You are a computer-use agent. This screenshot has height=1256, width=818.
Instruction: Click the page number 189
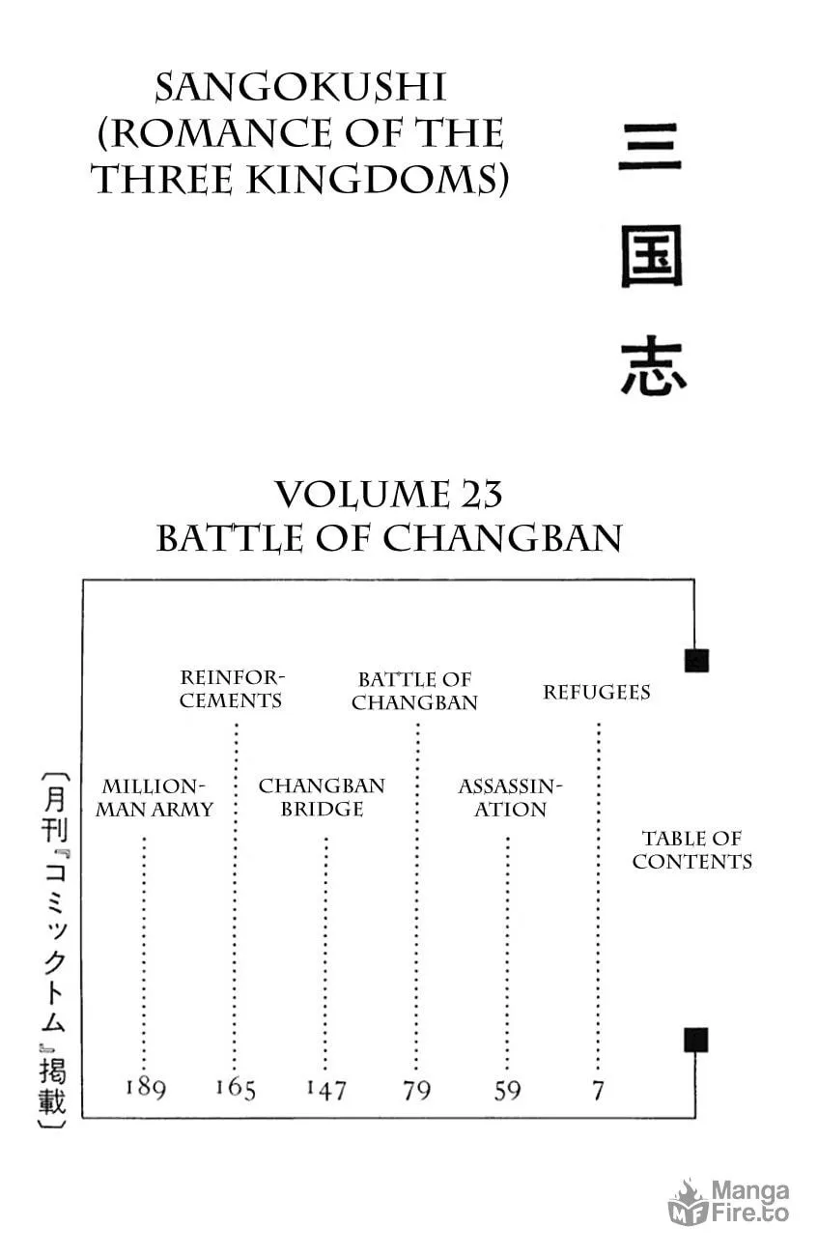(146, 1088)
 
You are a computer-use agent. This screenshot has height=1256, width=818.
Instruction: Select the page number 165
(236, 1088)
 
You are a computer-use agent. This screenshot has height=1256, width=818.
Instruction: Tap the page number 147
(326, 1089)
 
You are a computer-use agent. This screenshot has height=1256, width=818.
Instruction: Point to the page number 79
(416, 1090)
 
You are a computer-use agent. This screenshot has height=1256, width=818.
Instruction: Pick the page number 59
(507, 1090)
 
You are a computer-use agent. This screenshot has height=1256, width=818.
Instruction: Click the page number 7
(599, 1091)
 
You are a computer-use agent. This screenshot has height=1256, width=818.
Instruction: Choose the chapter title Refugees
(597, 692)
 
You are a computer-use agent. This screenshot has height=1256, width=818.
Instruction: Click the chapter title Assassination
(510, 797)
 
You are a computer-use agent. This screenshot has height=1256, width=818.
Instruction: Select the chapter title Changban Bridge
(322, 797)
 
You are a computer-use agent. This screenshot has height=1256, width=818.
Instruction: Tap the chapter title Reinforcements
(232, 689)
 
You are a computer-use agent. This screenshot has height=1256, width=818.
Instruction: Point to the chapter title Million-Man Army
(155, 797)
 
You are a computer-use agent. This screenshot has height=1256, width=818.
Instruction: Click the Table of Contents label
(692, 849)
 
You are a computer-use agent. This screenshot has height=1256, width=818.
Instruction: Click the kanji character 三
(650, 147)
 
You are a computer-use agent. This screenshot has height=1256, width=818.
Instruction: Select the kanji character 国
(652, 257)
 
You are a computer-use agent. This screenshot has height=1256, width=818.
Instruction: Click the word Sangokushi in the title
(300, 88)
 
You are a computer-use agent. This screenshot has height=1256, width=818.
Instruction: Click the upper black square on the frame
(696, 661)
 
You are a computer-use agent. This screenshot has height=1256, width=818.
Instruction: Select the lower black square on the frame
(695, 1040)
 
